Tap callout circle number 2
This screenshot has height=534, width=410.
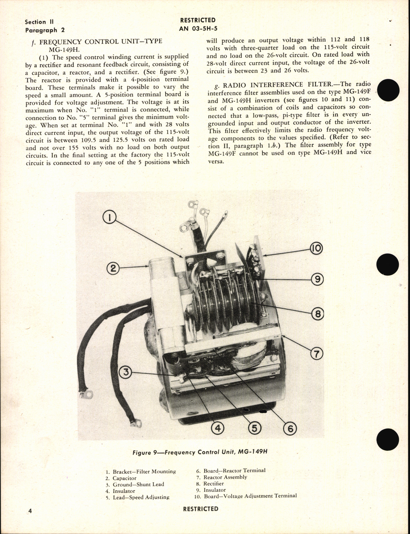[112, 268]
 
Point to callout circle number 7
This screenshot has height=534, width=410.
[317, 354]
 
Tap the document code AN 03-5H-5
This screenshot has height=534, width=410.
[198, 28]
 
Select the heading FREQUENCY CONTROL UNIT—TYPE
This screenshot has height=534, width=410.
[101, 42]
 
